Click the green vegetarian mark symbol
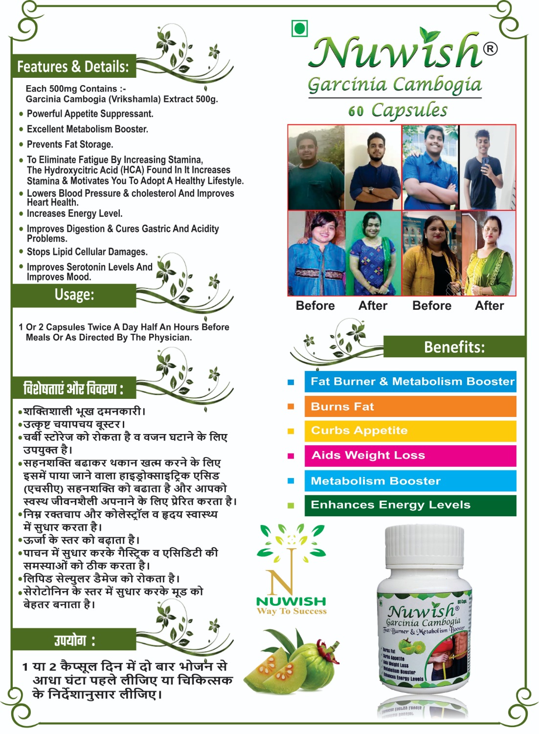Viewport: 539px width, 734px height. point(299,28)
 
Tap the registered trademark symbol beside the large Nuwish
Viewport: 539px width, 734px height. point(490,48)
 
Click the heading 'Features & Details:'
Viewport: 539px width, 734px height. point(73,67)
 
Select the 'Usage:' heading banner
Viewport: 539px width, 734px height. point(74,295)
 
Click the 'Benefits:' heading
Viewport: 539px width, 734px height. point(454,347)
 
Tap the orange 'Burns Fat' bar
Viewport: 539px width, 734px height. point(410,407)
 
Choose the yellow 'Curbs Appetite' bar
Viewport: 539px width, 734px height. point(410,431)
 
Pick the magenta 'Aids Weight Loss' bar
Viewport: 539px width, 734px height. point(410,456)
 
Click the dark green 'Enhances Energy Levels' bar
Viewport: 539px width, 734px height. point(410,505)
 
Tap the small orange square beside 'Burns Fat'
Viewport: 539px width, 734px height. point(291,407)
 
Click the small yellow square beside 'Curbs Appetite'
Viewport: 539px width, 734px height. point(291,431)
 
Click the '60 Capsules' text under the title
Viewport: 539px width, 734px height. point(398,111)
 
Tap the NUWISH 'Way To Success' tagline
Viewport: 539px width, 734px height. point(292,611)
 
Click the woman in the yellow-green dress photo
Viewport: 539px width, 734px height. point(488,253)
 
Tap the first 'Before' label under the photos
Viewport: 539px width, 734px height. point(315,306)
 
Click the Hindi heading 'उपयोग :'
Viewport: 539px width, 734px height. point(74,640)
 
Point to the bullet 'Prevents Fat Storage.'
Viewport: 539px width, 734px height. point(70,144)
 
